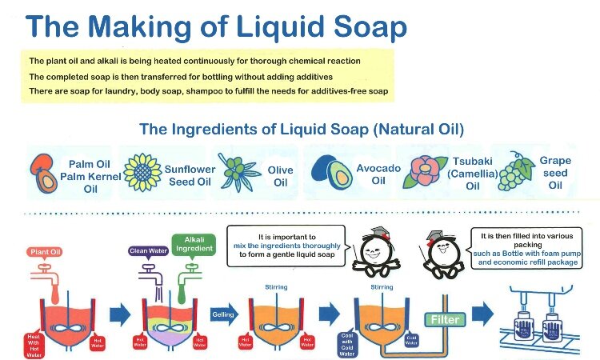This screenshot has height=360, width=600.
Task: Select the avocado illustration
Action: [x=329, y=170]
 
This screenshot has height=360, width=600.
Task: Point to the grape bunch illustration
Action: [x=516, y=171]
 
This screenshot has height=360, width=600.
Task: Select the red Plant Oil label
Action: [x=46, y=251]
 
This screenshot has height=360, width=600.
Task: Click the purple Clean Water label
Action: [x=147, y=250]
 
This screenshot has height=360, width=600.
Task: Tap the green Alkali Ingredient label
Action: [x=193, y=245]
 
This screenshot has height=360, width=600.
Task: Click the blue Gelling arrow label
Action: [x=225, y=315]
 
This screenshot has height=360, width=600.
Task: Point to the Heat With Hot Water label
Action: [x=32, y=342]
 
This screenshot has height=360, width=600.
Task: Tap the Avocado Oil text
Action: [x=372, y=175]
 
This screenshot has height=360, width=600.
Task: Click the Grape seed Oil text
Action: [x=554, y=172]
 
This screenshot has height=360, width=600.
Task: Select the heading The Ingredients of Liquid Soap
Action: [x=301, y=129]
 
